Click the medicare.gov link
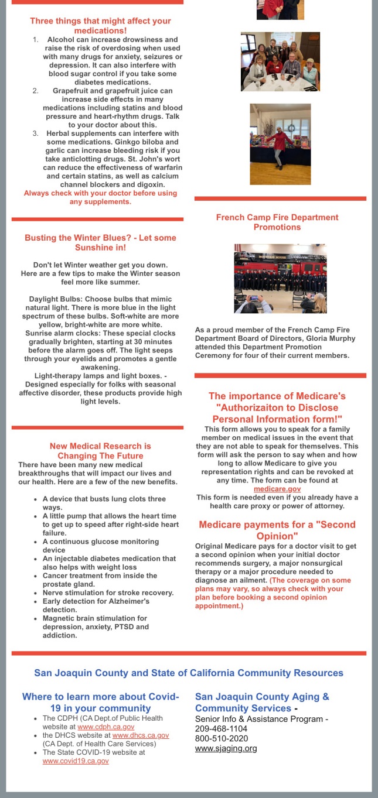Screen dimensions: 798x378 (x=277, y=488)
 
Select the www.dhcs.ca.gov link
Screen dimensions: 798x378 (x=141, y=735)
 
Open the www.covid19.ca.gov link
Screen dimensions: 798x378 (x=76, y=761)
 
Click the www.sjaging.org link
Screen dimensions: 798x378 (x=226, y=748)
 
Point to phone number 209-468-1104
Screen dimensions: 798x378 (x=222, y=728)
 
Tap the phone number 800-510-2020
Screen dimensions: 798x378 (x=222, y=738)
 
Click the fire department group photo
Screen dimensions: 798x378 (x=280, y=279)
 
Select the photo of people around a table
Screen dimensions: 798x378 (x=280, y=61)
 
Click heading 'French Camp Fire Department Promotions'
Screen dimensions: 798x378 (x=277, y=222)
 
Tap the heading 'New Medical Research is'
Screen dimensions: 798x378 (x=100, y=446)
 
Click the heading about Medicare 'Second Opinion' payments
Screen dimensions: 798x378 (x=277, y=530)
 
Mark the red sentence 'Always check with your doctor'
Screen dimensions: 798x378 (x=100, y=197)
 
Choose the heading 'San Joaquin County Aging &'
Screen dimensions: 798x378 (x=262, y=697)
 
